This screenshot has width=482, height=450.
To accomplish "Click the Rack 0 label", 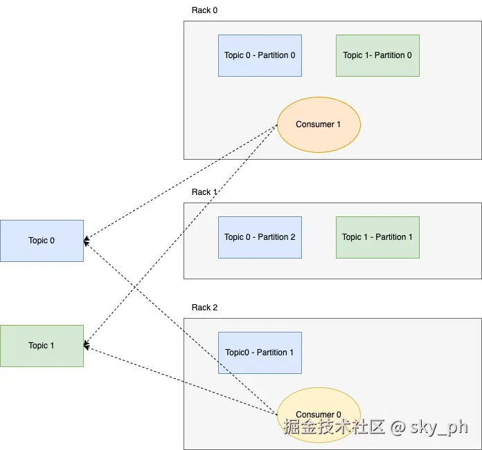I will click(204, 10).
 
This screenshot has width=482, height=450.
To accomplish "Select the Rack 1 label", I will click(204, 192).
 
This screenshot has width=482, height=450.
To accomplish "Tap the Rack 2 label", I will click(204, 307).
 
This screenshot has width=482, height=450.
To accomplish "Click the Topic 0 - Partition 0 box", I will click(260, 55).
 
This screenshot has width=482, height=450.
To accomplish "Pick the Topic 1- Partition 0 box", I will click(377, 55).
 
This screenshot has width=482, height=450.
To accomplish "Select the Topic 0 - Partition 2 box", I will click(260, 237).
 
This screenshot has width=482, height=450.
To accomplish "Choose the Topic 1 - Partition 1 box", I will click(377, 237).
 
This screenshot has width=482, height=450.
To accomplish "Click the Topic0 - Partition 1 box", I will click(260, 353).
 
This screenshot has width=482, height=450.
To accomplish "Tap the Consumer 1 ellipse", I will click(319, 124).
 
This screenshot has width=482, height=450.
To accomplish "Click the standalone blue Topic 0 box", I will click(42, 241).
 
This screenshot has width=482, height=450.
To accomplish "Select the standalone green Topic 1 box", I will click(42, 346).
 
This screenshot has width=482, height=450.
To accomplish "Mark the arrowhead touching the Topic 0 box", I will click(87, 241).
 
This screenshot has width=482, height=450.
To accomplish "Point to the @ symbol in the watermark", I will click(397, 427).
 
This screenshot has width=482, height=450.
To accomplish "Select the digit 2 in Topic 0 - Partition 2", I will click(292, 237).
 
